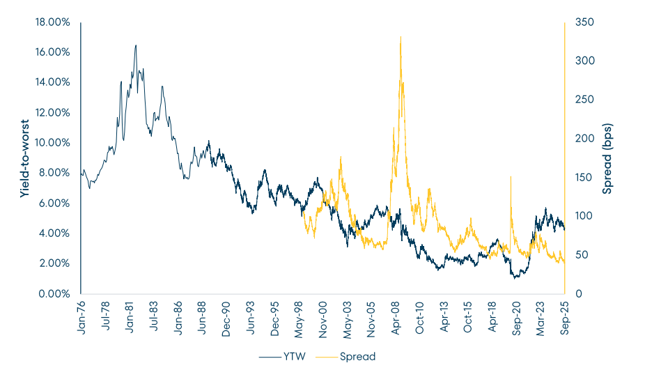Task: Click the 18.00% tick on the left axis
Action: (x=52, y=22)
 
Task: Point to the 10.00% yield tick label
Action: (x=52, y=143)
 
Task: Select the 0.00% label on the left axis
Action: (x=54, y=293)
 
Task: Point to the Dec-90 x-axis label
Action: (x=227, y=317)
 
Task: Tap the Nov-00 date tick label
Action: (x=324, y=317)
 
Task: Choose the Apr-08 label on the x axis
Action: (x=397, y=316)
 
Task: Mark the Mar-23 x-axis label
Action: (x=542, y=317)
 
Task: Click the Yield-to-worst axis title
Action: (x=25, y=158)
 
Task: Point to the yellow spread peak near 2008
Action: (x=401, y=37)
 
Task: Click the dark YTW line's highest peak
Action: (x=136, y=45)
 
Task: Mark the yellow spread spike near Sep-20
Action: (x=511, y=177)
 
